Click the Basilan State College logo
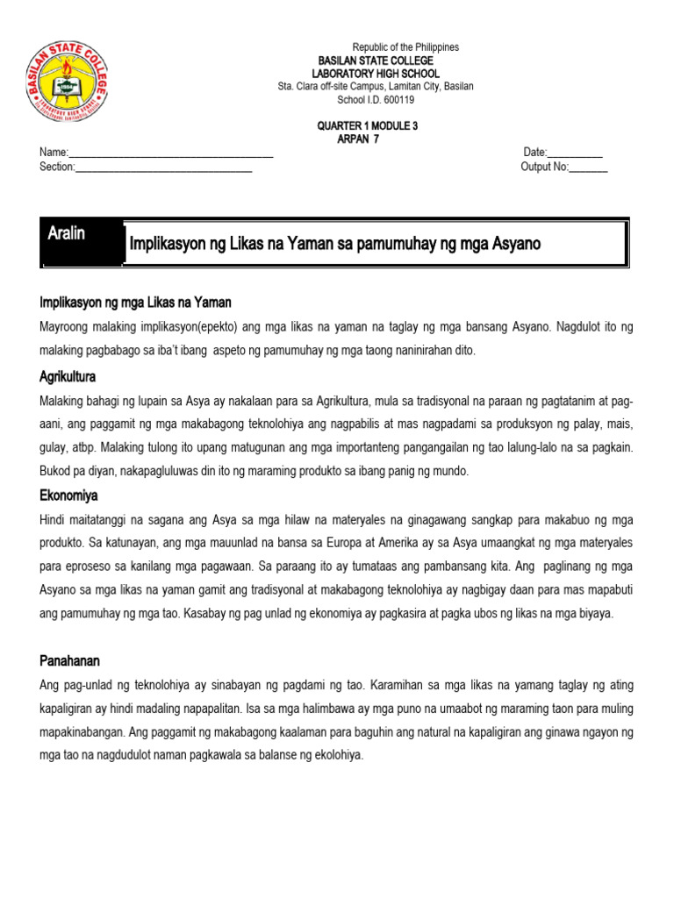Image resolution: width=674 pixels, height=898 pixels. coord(69,80)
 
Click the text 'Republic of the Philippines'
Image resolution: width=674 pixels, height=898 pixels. coord(405,47)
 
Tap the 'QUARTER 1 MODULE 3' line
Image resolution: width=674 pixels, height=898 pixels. coord(368,126)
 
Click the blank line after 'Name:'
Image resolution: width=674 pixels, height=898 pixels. coord(171,153)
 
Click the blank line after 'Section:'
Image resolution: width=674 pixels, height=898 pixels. coord(164,167)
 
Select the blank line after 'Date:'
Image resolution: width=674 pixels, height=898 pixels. coord(575,153)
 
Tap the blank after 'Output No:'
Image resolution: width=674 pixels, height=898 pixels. coord(589,167)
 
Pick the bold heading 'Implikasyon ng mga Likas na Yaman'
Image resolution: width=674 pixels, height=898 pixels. coord(136,303)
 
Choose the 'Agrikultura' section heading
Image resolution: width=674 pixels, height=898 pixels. coord(68,376)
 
